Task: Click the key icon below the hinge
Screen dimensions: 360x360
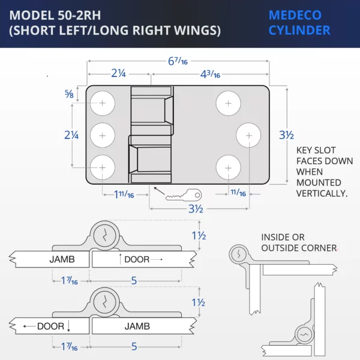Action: [x=184, y=195]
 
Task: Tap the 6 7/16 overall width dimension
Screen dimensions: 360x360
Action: [x=178, y=61]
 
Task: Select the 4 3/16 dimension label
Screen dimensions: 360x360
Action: [x=210, y=74]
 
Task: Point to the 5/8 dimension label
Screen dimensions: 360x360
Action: [x=69, y=94]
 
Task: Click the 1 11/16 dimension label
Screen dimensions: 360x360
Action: [x=124, y=194]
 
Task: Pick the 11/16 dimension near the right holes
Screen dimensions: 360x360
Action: [x=238, y=193]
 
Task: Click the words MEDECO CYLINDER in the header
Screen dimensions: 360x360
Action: [x=299, y=23]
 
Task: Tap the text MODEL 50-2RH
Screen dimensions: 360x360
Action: [x=55, y=16]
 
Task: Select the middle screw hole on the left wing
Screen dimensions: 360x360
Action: [x=103, y=135]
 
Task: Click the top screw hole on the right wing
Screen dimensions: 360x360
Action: [x=228, y=103]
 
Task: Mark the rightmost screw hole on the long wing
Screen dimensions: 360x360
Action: [x=248, y=135]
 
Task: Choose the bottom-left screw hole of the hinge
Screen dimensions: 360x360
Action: [x=103, y=167]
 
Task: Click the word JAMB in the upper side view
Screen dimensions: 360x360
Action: [x=62, y=259]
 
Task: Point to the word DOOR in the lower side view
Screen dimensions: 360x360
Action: [x=50, y=326]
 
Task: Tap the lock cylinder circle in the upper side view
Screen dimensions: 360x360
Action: [x=104, y=236]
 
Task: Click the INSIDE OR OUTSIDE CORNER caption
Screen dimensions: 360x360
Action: [x=299, y=242]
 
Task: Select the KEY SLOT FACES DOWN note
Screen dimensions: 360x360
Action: [x=325, y=172]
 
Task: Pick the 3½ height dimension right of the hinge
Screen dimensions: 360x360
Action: [x=286, y=135]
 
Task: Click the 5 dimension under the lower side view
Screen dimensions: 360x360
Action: [x=134, y=346]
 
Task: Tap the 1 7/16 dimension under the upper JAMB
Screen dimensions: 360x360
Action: [x=70, y=281]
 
